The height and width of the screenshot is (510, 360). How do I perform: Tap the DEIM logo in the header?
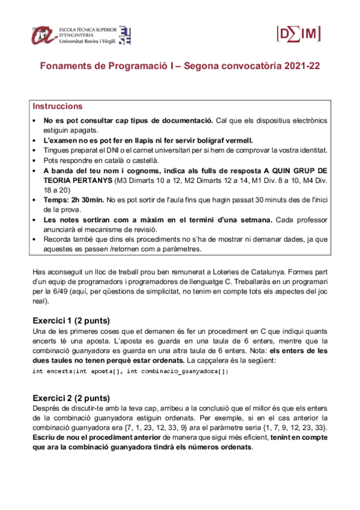pos(297,34)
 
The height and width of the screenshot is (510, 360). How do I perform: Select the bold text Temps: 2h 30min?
pos(72,198)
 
